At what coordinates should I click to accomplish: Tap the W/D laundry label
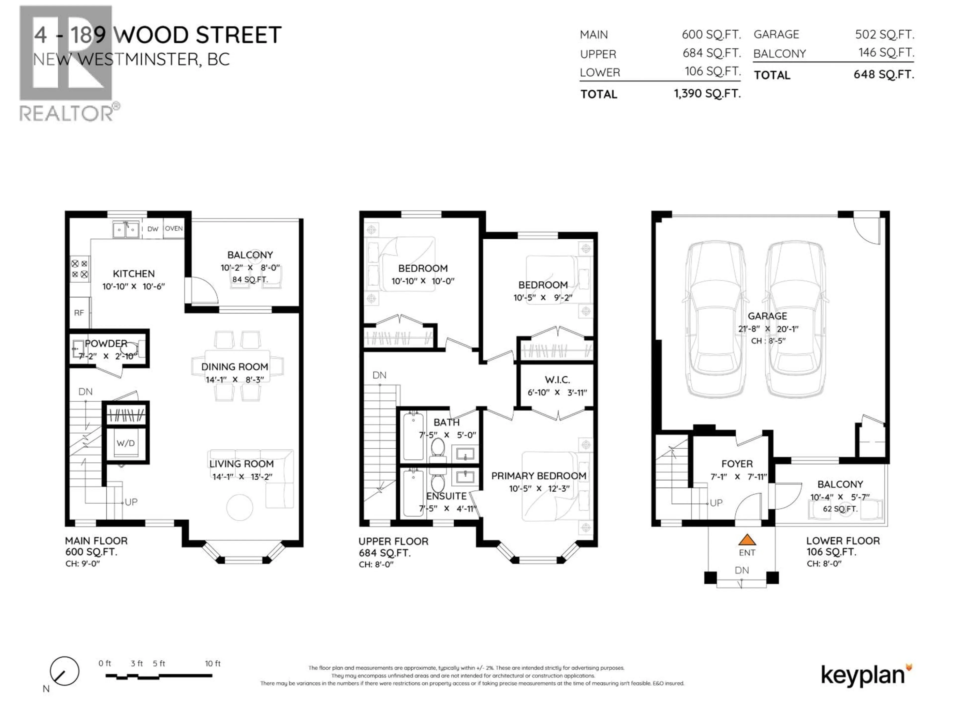point(125,443)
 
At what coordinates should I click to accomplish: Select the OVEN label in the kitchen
point(174,228)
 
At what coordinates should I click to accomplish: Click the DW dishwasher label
point(153,229)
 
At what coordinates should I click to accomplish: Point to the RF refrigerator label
point(79,313)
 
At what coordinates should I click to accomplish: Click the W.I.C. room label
point(557,380)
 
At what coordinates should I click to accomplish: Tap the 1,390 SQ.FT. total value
point(707,94)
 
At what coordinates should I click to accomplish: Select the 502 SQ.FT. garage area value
point(884,35)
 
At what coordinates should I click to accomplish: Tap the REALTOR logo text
point(67,113)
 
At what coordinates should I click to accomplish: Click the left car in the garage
point(716,319)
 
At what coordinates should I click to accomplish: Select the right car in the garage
point(796,319)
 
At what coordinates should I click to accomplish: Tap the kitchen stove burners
point(80,269)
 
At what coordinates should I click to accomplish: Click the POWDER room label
point(106,344)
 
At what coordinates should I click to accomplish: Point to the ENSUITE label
point(446,496)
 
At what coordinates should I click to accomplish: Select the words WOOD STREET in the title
point(198,35)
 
